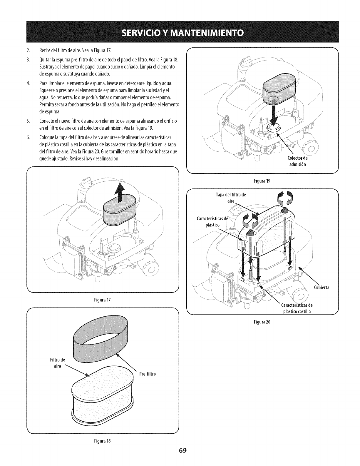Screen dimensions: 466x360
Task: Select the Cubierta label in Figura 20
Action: (x=322, y=288)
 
